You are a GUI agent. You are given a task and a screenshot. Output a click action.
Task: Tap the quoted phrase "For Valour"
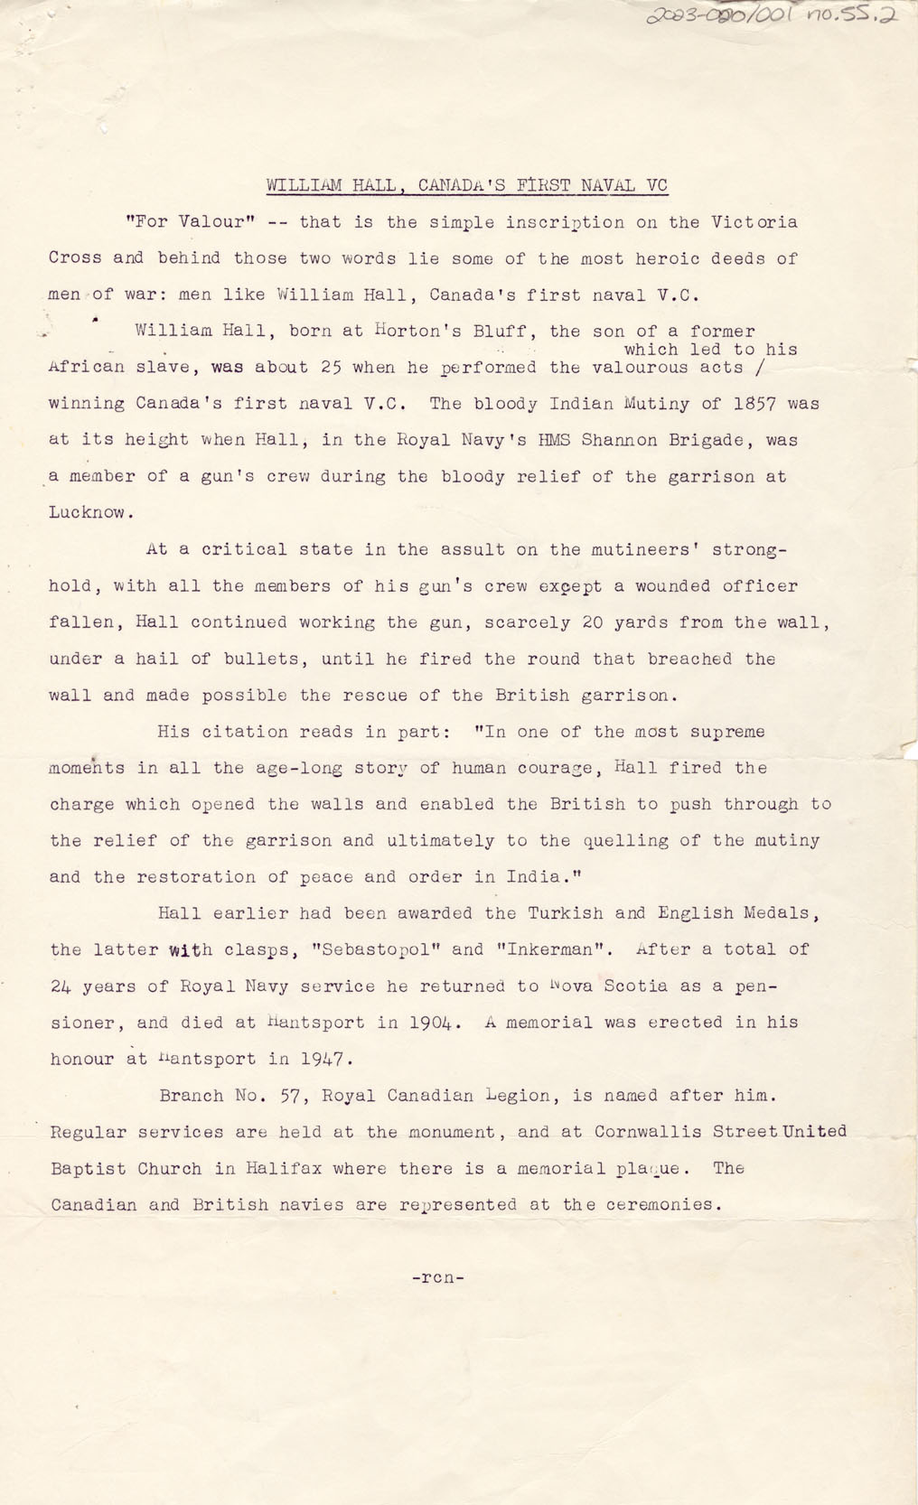point(192,222)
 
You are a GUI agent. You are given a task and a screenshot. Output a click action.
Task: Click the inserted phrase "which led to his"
point(710,350)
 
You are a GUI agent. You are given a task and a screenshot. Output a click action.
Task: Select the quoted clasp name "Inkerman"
point(554,949)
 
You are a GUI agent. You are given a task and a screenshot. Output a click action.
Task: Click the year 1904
point(433,1023)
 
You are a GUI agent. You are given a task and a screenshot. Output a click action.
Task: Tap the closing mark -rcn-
point(437,1277)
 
